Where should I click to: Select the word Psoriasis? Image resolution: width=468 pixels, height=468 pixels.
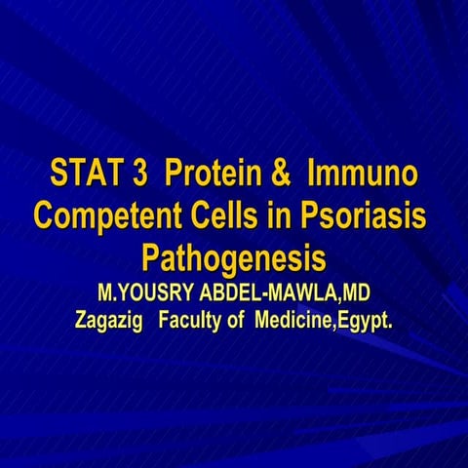(370, 214)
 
